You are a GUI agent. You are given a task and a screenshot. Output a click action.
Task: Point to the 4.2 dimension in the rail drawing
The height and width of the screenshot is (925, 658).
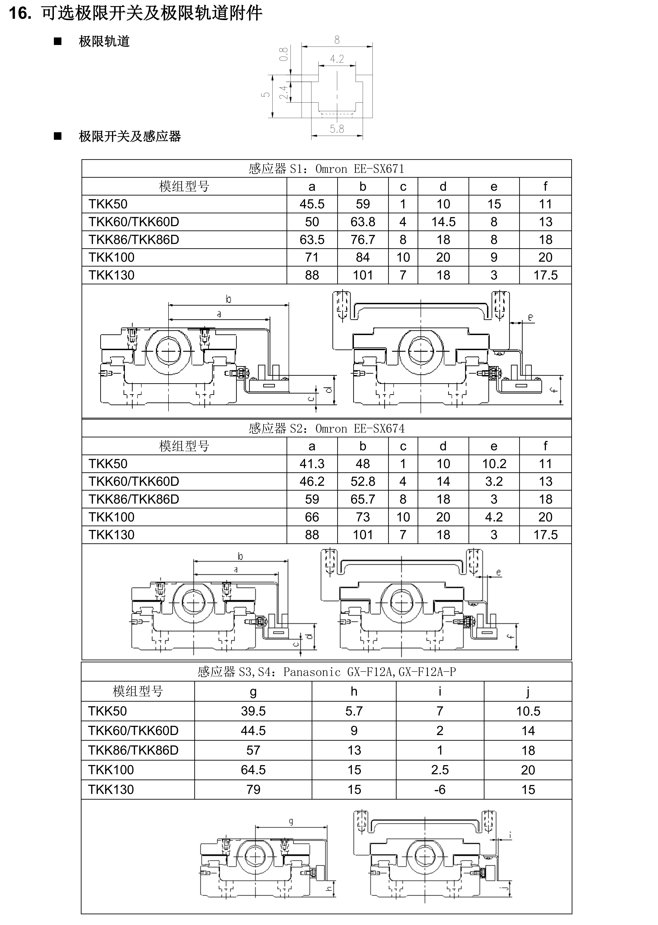(x=337, y=59)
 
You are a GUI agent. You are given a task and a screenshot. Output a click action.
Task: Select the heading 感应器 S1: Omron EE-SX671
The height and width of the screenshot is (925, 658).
(x=326, y=169)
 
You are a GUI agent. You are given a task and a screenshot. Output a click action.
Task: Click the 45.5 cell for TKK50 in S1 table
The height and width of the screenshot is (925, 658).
(x=312, y=204)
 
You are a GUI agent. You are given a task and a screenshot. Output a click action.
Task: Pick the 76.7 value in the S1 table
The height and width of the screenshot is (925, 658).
(x=363, y=240)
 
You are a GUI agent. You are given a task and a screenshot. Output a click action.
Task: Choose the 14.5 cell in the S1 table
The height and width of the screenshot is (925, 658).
(x=443, y=222)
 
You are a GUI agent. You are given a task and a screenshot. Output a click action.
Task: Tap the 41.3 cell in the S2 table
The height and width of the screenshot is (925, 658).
(x=312, y=464)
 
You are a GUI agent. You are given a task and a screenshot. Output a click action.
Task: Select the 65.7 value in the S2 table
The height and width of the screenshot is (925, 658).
(x=363, y=499)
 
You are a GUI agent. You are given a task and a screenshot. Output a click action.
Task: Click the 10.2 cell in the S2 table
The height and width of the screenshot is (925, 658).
(x=494, y=464)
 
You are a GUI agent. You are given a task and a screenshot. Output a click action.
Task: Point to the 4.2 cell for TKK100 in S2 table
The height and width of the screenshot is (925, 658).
(x=494, y=517)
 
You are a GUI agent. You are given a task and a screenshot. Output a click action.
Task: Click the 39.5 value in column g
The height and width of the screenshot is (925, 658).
(x=253, y=711)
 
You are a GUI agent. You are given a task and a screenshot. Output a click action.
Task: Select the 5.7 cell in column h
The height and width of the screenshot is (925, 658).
(x=354, y=711)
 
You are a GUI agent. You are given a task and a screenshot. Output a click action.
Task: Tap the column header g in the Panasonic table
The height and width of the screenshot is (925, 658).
(x=253, y=692)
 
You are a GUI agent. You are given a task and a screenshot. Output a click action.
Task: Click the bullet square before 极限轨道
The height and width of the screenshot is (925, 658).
(x=58, y=41)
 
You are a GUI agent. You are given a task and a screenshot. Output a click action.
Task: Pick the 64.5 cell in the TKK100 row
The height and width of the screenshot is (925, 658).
(x=253, y=770)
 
